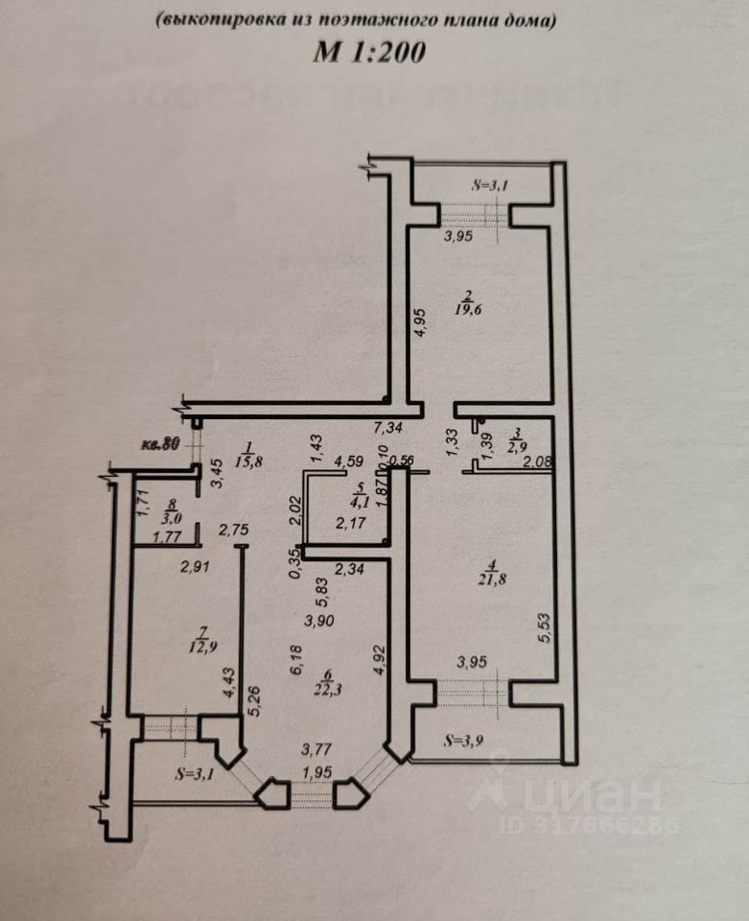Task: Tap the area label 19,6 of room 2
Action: (x=469, y=309)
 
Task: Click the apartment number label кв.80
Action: (x=159, y=444)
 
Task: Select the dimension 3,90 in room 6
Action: (x=318, y=621)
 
